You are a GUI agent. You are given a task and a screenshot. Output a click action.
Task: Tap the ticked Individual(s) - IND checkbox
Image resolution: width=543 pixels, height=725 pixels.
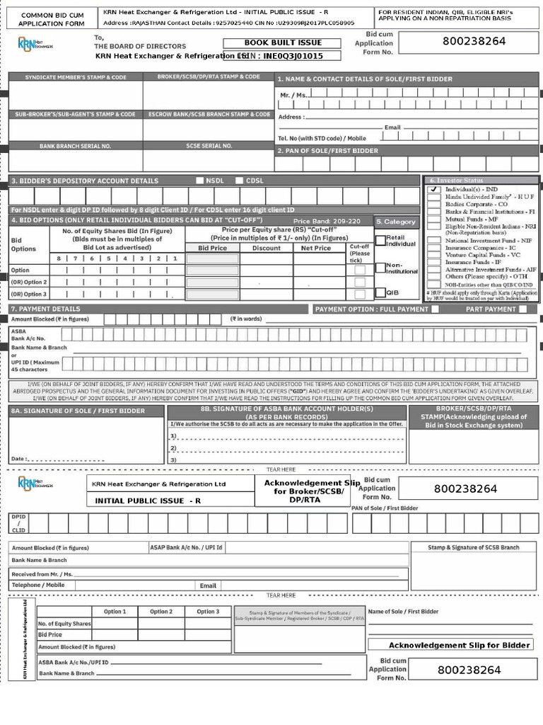coord(434,190)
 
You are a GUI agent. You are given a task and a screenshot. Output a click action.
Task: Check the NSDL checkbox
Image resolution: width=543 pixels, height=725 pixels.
coord(200,181)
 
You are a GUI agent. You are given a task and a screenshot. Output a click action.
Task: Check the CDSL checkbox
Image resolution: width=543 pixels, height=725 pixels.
coord(240,181)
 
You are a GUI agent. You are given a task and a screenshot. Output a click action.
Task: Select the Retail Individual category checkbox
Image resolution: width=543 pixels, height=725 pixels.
coord(380,240)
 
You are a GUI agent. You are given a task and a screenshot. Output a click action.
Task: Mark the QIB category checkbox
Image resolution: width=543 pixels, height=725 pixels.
coord(380,292)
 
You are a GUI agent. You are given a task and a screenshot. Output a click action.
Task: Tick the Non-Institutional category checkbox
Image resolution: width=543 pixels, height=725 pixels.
coord(380,267)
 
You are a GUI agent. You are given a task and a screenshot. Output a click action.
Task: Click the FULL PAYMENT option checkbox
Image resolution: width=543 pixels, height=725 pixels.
coord(435,309)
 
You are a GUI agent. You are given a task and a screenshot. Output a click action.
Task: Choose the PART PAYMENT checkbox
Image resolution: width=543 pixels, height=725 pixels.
coord(522,309)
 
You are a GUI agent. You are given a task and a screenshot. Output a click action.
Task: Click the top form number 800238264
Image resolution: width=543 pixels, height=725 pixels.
coord(474,41)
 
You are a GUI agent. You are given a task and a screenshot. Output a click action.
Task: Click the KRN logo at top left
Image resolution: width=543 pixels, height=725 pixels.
coord(34,45)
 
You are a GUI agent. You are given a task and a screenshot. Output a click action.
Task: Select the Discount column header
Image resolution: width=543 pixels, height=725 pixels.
coord(267,248)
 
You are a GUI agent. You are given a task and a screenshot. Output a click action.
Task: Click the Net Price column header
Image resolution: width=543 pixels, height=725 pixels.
coord(315,248)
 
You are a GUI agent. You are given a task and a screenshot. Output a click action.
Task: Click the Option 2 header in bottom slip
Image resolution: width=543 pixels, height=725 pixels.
coord(160,612)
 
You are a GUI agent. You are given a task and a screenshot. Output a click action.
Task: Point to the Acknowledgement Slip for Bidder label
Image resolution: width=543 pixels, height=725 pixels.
coord(459,645)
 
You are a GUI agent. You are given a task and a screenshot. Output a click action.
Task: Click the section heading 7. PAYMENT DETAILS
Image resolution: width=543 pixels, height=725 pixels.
coord(45,309)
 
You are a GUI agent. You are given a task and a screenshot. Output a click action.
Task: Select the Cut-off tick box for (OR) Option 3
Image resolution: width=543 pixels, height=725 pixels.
coord(360,294)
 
